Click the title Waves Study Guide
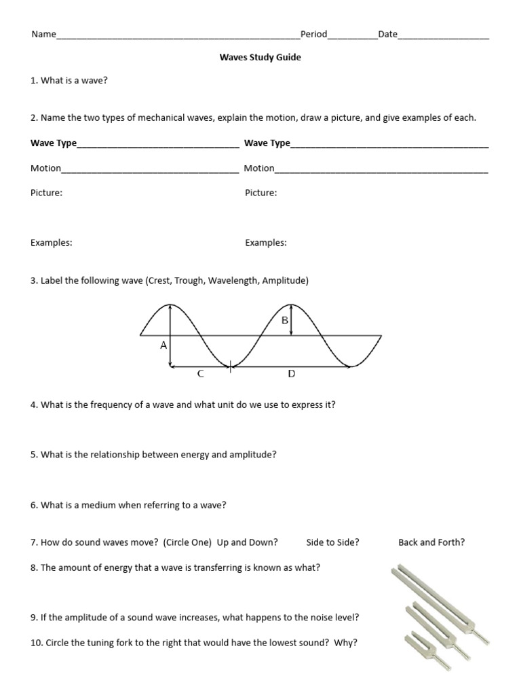260,57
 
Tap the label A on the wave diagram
163,345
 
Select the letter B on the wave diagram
285,320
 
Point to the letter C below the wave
199,373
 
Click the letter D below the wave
292,373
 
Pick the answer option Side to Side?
332,542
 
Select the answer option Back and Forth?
431,542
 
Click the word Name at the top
43,35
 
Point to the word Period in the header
313,35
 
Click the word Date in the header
388,35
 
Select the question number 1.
33,81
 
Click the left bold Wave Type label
54,143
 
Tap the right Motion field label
259,168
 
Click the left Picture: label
47,193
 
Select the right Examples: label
266,242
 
